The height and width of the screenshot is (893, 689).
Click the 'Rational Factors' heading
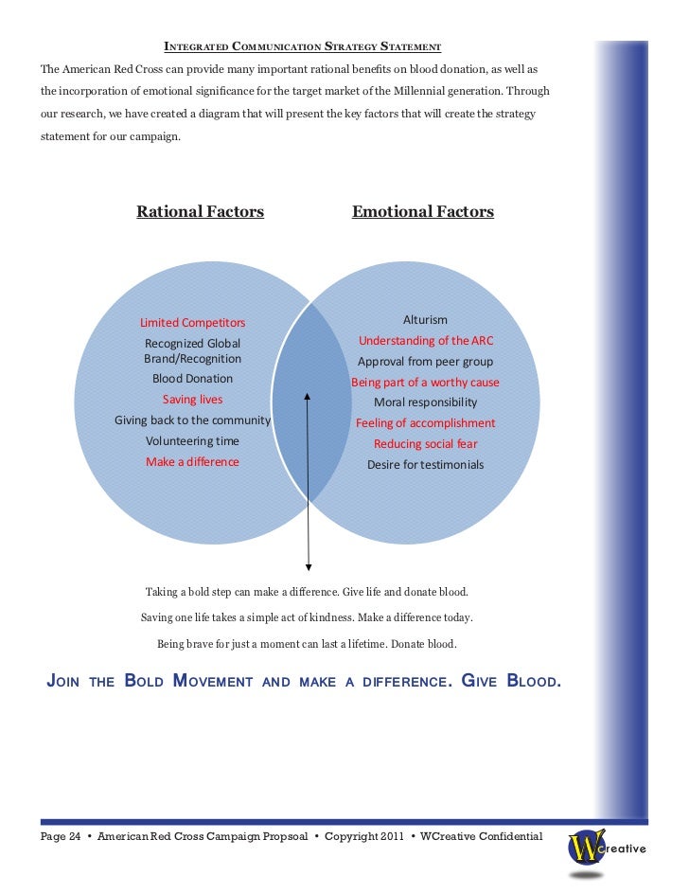[200, 212]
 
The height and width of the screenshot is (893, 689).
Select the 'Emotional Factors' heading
[422, 212]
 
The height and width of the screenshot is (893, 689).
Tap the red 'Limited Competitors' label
[192, 323]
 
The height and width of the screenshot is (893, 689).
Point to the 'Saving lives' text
[192, 400]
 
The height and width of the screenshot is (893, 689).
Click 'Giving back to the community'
[192, 420]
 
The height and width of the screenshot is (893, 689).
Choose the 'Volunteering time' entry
[192, 441]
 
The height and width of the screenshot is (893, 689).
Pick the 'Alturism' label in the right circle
[425, 320]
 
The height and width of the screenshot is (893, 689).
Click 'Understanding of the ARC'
[425, 341]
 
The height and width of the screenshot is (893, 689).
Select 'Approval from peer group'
[425, 362]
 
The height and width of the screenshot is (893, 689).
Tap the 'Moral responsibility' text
[425, 402]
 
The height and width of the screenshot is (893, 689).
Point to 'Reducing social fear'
[425, 444]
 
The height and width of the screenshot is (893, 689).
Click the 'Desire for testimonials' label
[425, 465]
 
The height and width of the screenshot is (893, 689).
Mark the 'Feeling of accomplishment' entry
[425, 423]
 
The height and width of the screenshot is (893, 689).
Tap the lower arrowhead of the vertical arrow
[308, 566]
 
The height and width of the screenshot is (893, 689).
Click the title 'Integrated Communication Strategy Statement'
[303, 45]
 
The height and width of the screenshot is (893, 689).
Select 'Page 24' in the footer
[61, 836]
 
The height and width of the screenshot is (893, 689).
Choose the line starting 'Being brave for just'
[306, 644]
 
